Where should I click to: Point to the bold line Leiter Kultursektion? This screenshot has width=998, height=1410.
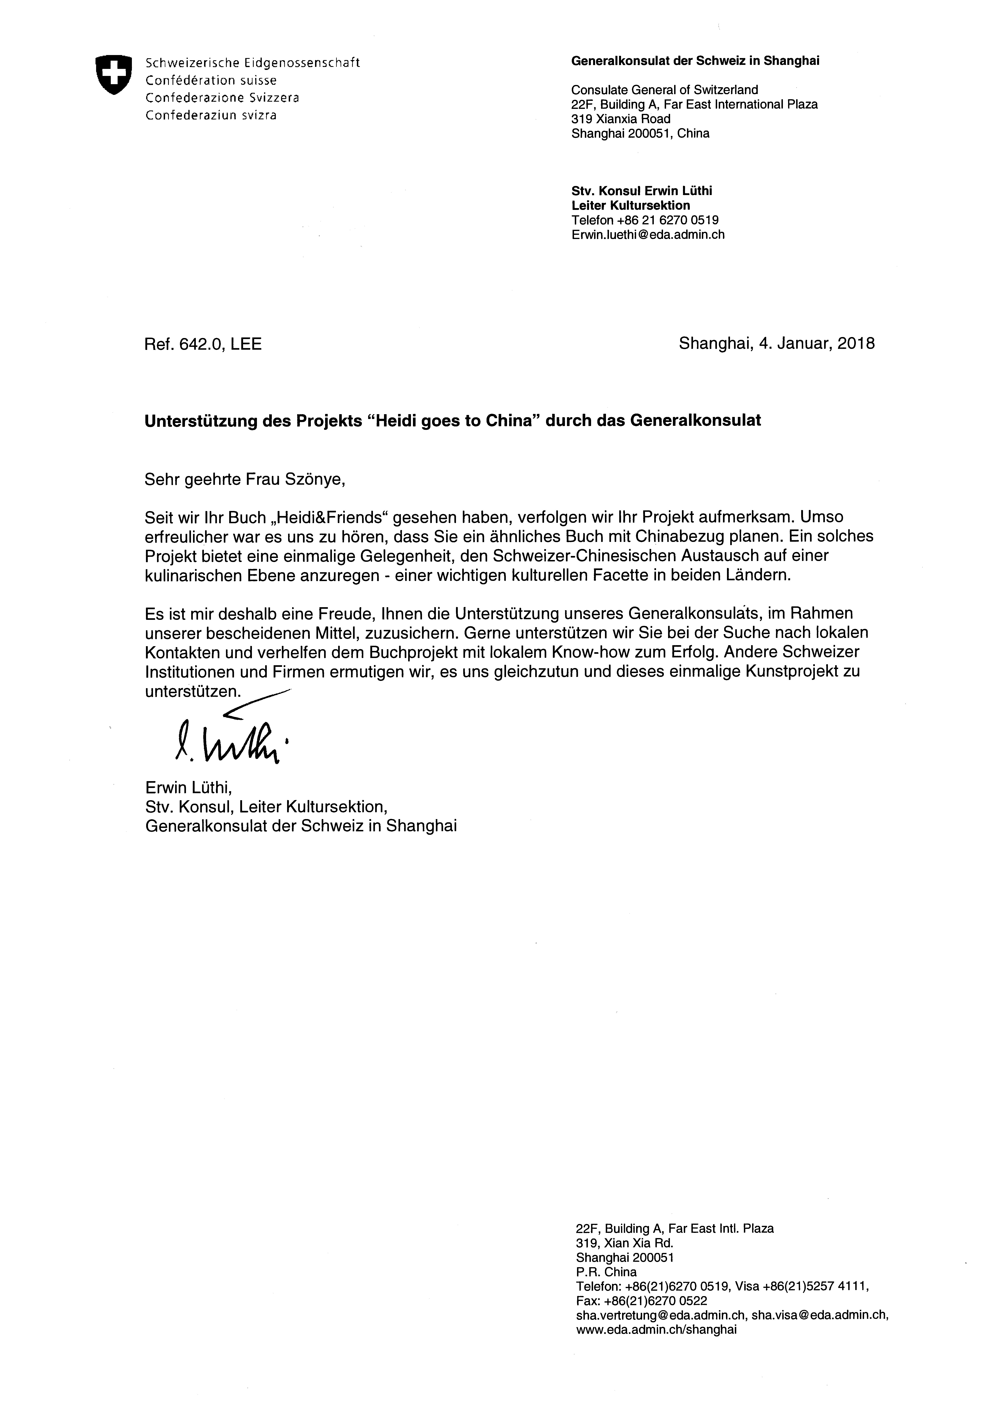[630, 206]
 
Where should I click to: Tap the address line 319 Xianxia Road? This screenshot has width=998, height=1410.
[621, 119]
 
